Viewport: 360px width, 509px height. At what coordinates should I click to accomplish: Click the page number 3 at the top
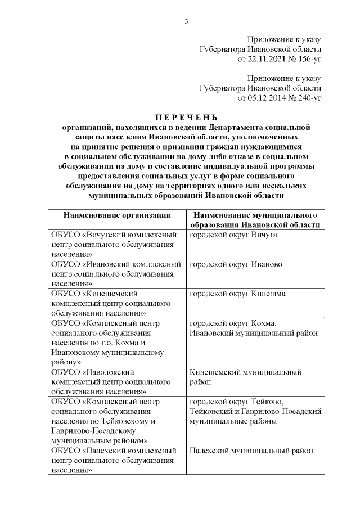(186, 21)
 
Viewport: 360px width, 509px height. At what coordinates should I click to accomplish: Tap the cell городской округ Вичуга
(233, 234)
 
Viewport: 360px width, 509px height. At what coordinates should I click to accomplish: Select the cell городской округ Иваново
(236, 264)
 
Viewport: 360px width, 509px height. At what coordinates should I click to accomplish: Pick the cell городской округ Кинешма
(237, 294)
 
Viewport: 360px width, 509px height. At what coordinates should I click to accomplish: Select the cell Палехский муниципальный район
(251, 451)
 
